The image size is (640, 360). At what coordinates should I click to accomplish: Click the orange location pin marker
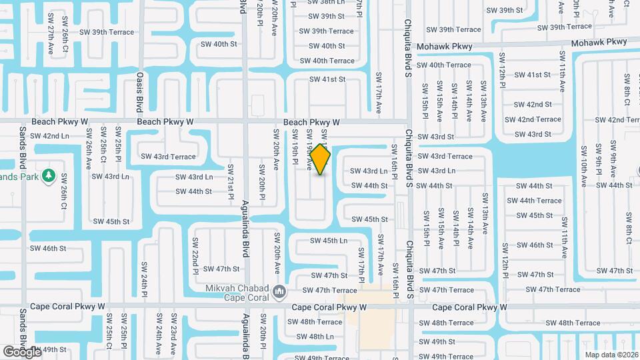click(x=321, y=159)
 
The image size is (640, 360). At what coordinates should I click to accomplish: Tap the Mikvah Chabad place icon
click(x=280, y=290)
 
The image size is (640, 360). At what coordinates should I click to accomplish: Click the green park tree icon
click(x=48, y=176)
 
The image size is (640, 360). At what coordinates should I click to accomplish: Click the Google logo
click(x=21, y=351)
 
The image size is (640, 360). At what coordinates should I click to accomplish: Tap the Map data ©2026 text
click(x=611, y=354)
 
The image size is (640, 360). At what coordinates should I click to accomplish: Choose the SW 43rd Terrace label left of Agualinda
click(x=168, y=157)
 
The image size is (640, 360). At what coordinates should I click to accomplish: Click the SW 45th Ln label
click(x=329, y=241)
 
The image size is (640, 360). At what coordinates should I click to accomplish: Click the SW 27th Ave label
click(x=51, y=41)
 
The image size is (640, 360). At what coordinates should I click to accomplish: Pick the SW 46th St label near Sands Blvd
click(x=48, y=249)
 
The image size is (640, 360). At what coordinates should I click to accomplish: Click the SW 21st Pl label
click(x=231, y=182)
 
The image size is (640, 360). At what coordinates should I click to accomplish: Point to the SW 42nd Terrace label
click(x=533, y=120)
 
